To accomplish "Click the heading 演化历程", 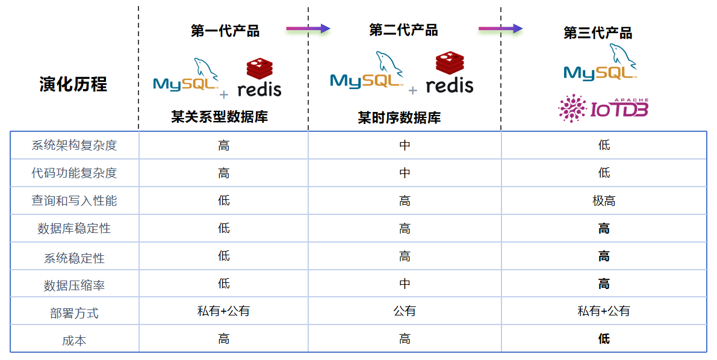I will point(73,84).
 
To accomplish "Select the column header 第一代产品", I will point(225,31).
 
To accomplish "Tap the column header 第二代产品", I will point(403,30).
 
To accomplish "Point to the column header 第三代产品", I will point(598,33).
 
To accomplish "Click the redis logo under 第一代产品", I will point(259,78).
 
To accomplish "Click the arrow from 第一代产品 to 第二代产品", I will point(308,28).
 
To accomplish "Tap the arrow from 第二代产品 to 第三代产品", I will point(500,28).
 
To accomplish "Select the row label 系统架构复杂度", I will point(74,146).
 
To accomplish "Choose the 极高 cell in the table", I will point(604,201).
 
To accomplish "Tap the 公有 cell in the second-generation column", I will point(405,311).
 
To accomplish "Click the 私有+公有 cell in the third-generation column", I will point(604,311).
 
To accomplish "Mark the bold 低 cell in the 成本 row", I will point(604,339).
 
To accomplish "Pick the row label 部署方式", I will point(74,313).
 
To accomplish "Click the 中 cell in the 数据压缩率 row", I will point(405,284).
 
